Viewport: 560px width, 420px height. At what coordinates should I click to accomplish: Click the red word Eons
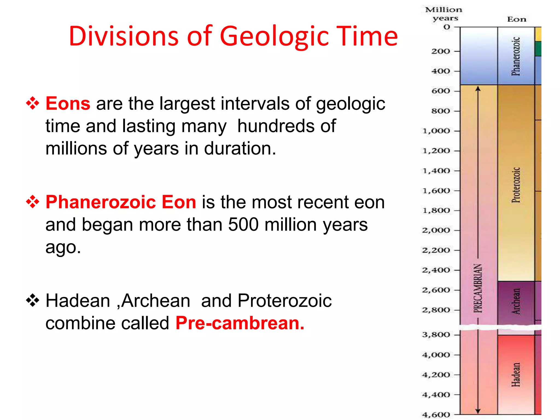(x=68, y=104)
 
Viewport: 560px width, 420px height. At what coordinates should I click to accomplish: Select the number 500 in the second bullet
(x=243, y=225)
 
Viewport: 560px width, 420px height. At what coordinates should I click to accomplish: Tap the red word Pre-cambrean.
(x=240, y=323)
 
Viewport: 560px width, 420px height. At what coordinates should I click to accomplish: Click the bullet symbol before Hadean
(x=33, y=301)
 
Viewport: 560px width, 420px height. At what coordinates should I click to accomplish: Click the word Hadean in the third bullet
(x=78, y=301)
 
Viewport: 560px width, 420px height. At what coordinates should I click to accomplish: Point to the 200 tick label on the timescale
(x=441, y=51)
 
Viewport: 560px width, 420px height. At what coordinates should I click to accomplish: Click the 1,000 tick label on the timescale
(x=436, y=131)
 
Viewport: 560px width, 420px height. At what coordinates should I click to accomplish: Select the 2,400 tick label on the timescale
(x=436, y=270)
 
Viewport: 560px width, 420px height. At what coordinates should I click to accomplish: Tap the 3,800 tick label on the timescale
(x=436, y=335)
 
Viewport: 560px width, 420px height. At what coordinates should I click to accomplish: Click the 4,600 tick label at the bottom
(x=436, y=415)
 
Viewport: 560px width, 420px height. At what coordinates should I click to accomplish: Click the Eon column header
(x=517, y=19)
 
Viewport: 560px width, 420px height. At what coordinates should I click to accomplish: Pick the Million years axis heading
(x=444, y=14)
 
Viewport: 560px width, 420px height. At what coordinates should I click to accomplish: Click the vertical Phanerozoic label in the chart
(x=516, y=56)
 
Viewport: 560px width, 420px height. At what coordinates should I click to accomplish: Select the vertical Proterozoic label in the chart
(x=516, y=185)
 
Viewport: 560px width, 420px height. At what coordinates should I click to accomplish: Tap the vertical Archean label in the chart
(x=516, y=301)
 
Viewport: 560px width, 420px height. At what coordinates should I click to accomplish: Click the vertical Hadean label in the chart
(x=516, y=375)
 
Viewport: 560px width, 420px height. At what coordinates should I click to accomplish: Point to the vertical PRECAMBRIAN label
(x=478, y=288)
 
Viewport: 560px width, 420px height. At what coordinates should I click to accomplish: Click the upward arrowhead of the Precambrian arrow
(x=478, y=89)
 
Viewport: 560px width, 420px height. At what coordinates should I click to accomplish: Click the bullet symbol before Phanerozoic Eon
(x=33, y=202)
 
